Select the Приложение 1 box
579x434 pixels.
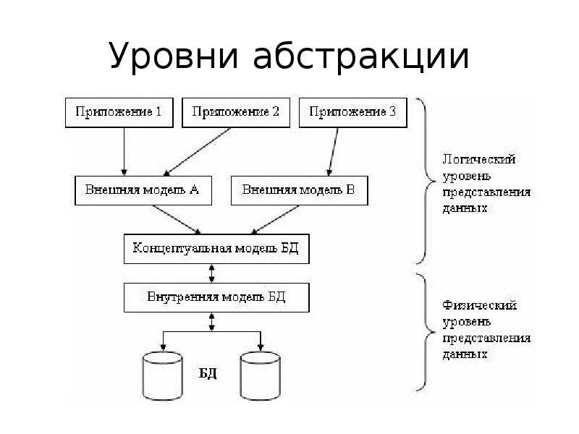(x=119, y=112)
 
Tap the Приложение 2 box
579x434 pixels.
(x=235, y=112)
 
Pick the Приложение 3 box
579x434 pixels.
(x=352, y=112)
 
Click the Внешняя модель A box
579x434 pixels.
(x=142, y=191)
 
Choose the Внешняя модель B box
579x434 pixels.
(x=298, y=191)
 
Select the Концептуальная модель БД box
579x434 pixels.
(x=216, y=249)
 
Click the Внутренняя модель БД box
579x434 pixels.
(x=216, y=297)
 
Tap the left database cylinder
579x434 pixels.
(x=164, y=375)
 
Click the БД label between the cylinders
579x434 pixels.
(x=208, y=374)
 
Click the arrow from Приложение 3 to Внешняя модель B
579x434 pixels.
(x=333, y=151)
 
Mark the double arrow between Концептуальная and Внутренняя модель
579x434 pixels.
(x=211, y=273)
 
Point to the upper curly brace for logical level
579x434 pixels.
(x=426, y=181)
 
